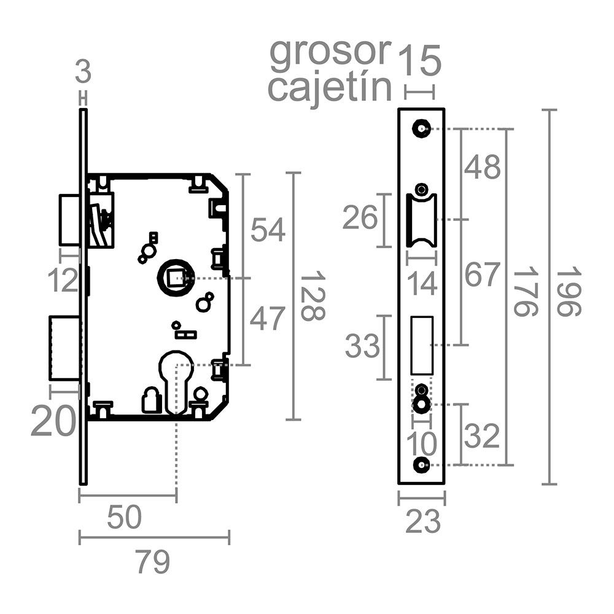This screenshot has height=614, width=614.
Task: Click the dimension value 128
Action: click(313, 296)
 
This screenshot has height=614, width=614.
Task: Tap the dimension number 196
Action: click(569, 291)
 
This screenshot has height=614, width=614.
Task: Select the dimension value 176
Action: click(526, 291)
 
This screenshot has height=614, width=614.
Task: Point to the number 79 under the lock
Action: click(153, 562)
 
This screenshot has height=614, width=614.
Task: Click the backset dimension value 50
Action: click(124, 517)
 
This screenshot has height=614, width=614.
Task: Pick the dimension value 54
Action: click(268, 230)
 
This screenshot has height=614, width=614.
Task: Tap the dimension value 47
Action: click(268, 319)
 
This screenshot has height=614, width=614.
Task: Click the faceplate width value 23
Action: click(423, 521)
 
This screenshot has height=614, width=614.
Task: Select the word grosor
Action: click(330, 53)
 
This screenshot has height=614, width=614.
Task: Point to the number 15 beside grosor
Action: click(420, 61)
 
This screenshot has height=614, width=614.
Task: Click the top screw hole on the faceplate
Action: click(421, 128)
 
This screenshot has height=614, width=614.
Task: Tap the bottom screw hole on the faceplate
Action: click(421, 465)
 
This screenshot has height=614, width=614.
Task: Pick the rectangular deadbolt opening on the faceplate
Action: click(422, 345)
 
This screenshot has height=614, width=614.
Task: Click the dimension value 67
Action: click(483, 274)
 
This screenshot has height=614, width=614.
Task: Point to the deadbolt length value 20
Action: click(53, 421)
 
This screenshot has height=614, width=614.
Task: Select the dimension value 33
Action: click(362, 346)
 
